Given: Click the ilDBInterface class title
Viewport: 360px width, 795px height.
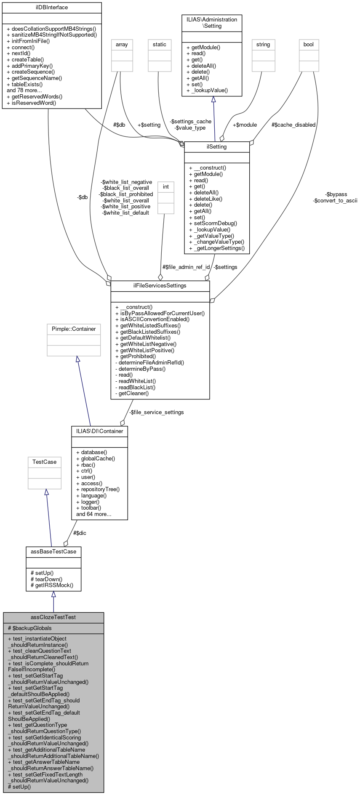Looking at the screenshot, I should (52, 7).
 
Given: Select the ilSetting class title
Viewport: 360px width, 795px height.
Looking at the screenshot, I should (217, 147).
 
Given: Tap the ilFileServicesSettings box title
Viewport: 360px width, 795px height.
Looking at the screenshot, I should (160, 286).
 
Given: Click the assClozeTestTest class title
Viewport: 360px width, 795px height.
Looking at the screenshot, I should (53, 617).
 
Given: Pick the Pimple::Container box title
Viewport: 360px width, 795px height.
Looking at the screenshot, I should (74, 329).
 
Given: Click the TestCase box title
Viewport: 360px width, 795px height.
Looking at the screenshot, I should (45, 462).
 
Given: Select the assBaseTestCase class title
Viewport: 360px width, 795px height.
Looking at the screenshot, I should (53, 551).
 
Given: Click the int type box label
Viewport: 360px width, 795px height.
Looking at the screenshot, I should (166, 187).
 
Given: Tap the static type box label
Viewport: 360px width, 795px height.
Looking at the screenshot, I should (160, 45).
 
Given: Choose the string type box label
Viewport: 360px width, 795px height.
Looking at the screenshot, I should (263, 45).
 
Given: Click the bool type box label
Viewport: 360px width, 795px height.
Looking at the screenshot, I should (309, 45).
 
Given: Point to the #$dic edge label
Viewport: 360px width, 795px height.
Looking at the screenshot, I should (80, 533).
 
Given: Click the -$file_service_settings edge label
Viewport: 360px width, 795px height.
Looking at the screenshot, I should (156, 412).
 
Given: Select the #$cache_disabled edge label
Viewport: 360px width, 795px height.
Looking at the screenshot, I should (293, 125).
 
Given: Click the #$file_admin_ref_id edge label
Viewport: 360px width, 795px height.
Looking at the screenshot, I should (186, 267).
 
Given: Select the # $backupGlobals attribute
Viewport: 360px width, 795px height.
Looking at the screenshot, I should (30, 628).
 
